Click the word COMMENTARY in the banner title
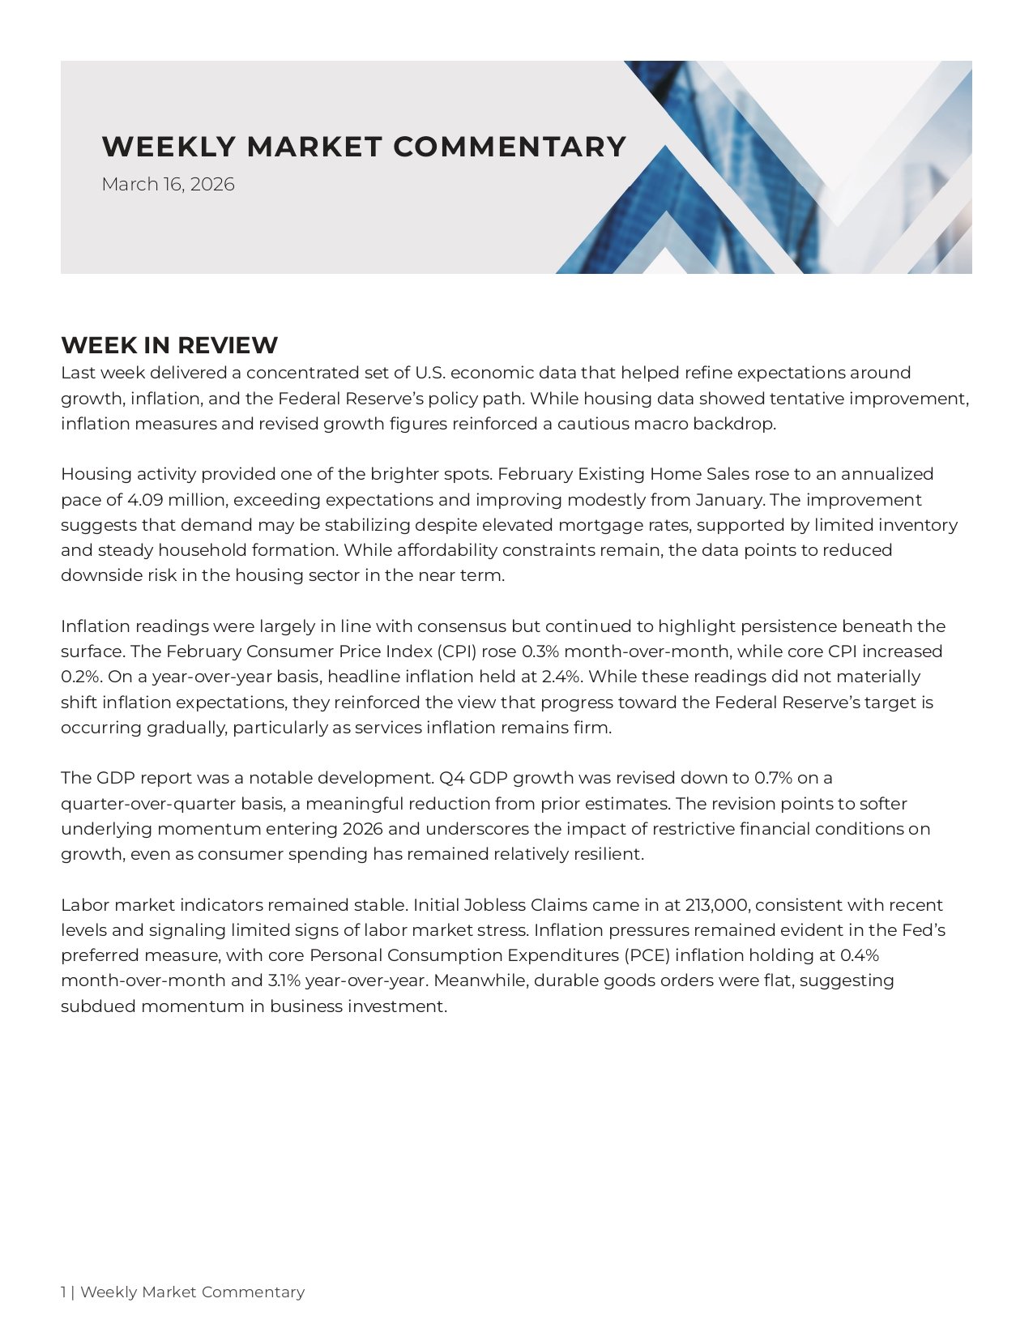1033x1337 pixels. [x=510, y=147]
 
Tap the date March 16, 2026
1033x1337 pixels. [x=168, y=185]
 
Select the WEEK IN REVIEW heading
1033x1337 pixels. [x=169, y=345]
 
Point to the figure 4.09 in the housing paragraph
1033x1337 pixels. [x=146, y=499]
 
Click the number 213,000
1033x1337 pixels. [x=716, y=905]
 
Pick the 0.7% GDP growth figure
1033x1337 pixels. [x=773, y=778]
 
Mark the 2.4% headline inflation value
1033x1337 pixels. [x=561, y=677]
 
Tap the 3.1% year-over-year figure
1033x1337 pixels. [x=284, y=980]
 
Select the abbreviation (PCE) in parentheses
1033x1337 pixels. [x=646, y=955]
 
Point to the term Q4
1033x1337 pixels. [x=451, y=778]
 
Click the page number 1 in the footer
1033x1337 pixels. [x=63, y=1292]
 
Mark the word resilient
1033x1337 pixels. [x=608, y=854]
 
